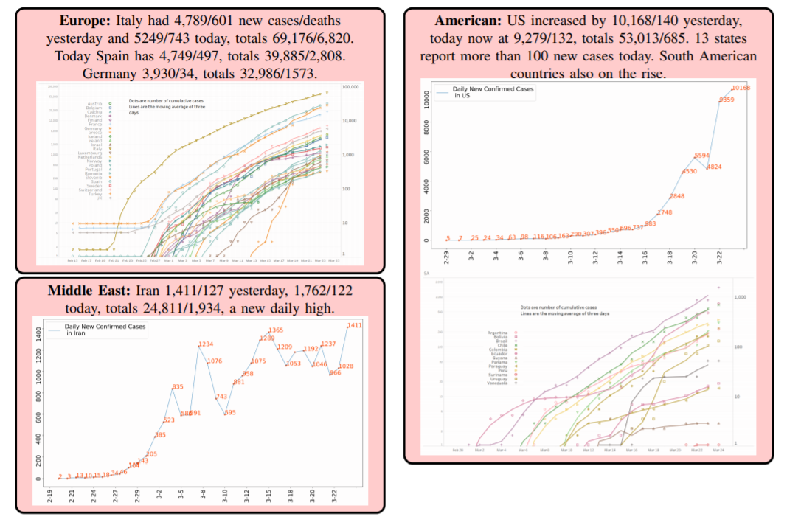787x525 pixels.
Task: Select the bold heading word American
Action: click(465, 20)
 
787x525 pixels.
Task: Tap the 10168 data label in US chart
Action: click(741, 88)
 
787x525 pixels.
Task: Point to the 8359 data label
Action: click(727, 100)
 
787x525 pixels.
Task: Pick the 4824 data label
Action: click(714, 167)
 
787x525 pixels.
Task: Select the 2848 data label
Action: click(677, 197)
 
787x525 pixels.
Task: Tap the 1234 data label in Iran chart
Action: click(205, 344)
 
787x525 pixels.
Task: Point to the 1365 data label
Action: click(276, 330)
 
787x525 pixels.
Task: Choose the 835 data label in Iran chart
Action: click(177, 387)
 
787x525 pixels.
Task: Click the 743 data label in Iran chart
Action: click(221, 397)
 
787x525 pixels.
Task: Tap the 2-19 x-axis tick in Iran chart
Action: click(49, 496)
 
